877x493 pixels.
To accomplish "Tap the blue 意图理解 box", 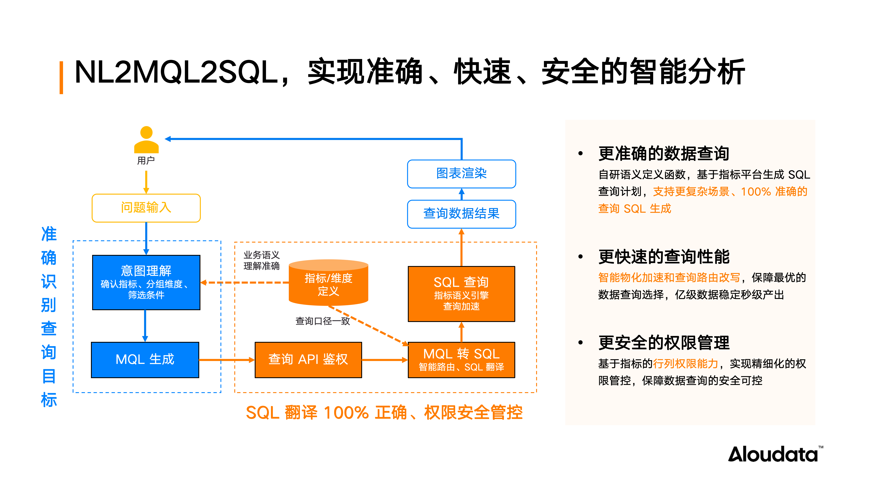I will pos(146,282).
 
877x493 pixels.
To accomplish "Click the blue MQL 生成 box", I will pos(145,360).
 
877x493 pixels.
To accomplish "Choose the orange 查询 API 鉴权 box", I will pos(308,360).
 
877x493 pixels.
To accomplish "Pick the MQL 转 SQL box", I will pos(461,360).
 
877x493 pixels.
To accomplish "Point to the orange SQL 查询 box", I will pos(461,294).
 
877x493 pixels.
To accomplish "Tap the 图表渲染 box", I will pos(461,174).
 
